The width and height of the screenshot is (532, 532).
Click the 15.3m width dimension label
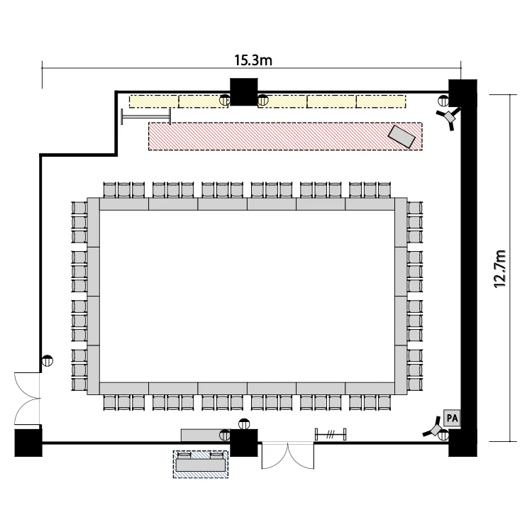point(253,60)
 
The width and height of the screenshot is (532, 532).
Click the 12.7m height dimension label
point(500,269)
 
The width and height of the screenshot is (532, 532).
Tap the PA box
point(452,418)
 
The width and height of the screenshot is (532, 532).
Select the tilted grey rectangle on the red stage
point(401,137)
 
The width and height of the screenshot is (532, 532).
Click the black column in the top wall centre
point(243,92)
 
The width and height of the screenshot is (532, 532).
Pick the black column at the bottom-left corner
point(28,443)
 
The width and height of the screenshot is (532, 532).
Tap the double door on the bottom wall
point(288,455)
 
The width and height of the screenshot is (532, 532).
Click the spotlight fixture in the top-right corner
point(450,118)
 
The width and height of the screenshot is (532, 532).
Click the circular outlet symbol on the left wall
point(48,360)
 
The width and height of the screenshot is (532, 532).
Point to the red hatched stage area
point(285,136)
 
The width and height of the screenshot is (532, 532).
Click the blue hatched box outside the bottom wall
point(201,464)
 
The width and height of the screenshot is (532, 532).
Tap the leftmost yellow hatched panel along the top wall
point(154,101)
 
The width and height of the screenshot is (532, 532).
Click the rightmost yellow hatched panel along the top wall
point(381,101)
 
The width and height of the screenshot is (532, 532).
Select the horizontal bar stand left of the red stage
point(146,117)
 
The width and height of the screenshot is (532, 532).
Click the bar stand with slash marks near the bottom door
point(331,434)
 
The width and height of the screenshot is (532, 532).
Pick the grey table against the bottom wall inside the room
point(205,436)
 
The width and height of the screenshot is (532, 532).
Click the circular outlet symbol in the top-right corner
point(443,101)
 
